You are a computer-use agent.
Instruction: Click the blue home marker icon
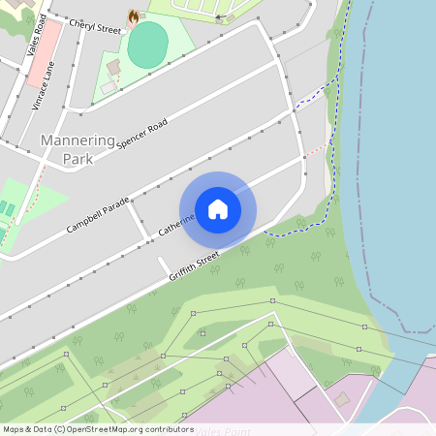[218, 208]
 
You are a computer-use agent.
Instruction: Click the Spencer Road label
[142, 134]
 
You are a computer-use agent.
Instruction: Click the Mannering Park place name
[78, 149]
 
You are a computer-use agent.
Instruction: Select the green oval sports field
[147, 45]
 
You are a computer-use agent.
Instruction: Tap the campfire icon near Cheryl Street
[133, 16]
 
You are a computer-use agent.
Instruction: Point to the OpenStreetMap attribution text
[98, 428]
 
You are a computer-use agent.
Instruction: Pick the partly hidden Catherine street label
[175, 227]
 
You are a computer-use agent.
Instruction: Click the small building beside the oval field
[114, 68]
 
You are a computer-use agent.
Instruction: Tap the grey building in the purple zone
[341, 398]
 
